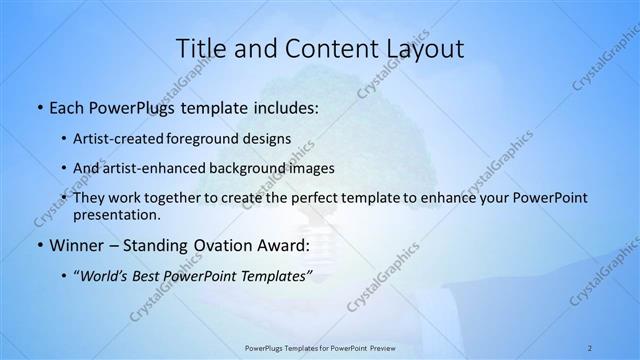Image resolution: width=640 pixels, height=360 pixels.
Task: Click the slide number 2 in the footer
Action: point(590,347)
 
